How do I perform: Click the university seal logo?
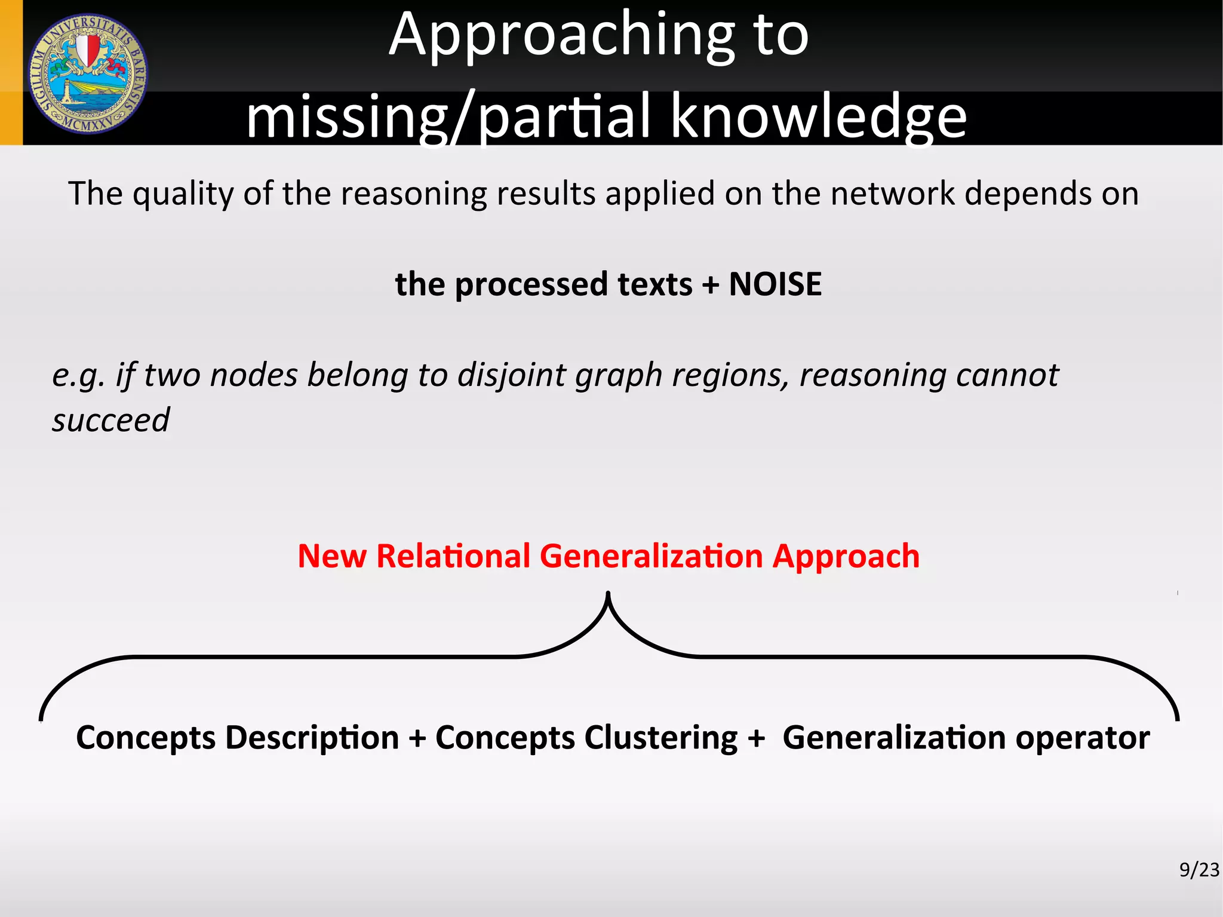pos(88,73)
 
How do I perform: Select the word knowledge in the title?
pos(818,116)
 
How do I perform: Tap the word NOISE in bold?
pos(775,284)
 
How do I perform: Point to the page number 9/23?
pos(1199,870)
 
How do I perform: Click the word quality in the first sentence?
pos(183,194)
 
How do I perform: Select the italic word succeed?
pos(111,419)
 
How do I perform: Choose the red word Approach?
pos(846,557)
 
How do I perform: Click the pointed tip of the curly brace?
pos(608,595)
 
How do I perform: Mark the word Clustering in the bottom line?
pos(660,738)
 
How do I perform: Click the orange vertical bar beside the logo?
pos(11,72)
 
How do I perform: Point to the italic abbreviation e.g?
pos(79,376)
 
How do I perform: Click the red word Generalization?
pos(651,556)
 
